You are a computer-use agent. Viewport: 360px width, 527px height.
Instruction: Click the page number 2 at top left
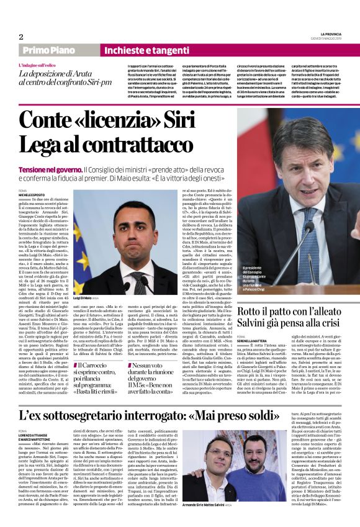pyautogui.click(x=21, y=37)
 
